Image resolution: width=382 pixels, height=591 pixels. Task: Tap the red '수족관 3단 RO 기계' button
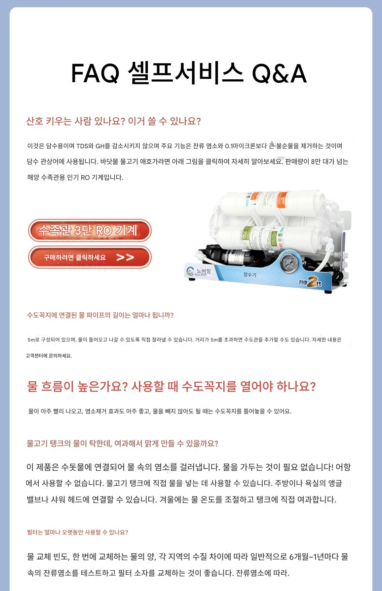point(90,231)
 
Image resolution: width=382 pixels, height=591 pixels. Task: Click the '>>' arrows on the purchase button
point(125,258)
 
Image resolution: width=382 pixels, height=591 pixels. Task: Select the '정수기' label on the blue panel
point(250,275)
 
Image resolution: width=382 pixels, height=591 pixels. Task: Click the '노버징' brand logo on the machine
point(198,271)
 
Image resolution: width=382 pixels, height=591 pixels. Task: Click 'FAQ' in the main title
point(95,74)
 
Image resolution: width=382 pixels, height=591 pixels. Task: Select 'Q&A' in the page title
point(279,74)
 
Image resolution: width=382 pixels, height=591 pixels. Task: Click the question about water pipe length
point(100,315)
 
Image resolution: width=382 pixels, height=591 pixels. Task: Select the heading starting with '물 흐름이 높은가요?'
point(171,387)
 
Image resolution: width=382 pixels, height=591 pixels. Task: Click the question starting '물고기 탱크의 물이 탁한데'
point(122,443)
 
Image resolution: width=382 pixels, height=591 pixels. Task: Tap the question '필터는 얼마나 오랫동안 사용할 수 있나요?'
point(77,532)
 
